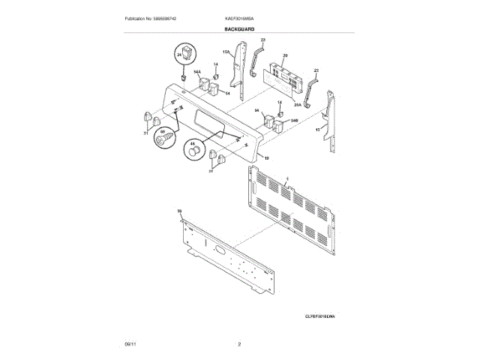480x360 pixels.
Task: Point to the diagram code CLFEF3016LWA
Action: pos(320,317)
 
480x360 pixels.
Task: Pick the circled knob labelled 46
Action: pos(195,150)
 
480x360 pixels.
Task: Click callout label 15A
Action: pos(225,52)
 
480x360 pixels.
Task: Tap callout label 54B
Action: pos(284,119)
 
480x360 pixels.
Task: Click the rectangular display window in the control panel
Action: pos(206,121)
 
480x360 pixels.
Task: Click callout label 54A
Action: pos(197,73)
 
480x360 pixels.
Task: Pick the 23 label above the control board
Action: pos(262,38)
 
